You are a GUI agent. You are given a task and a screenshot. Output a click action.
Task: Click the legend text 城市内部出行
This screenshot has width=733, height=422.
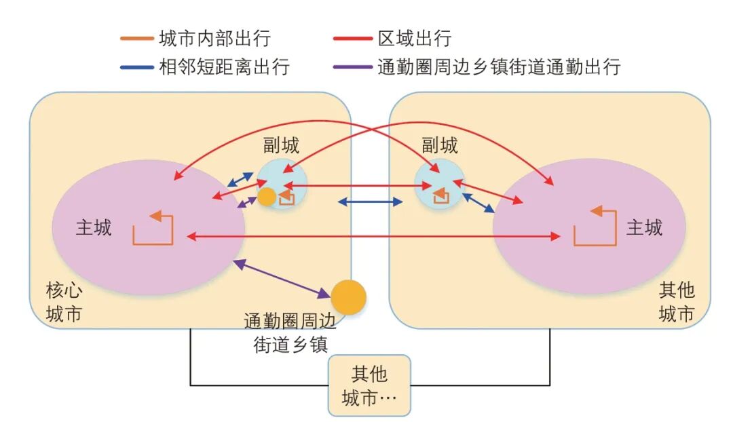214,39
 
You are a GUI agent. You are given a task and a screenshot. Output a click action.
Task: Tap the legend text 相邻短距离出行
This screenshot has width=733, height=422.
223,67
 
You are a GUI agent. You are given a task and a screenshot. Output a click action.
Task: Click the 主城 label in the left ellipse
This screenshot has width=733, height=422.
94,227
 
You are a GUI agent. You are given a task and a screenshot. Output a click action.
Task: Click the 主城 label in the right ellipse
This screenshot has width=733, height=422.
643,227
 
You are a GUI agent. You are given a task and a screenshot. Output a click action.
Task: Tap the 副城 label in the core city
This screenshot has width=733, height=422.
281,145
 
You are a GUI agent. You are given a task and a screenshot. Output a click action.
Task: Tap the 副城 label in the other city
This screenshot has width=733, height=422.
439,145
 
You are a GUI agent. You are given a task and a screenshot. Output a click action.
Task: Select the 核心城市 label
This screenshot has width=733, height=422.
64,303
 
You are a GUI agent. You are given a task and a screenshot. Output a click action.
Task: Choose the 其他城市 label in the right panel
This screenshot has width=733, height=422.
677,303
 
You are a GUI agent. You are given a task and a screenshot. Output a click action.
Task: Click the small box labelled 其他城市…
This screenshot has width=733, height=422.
369,385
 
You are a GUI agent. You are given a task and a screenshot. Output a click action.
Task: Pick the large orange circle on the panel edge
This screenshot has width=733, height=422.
349,297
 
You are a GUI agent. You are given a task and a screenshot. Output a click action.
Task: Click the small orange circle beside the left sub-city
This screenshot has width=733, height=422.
267,197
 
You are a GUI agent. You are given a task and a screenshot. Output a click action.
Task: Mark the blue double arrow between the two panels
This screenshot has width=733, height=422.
370,202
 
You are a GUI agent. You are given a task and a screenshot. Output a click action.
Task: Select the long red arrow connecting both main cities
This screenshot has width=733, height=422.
373,236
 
